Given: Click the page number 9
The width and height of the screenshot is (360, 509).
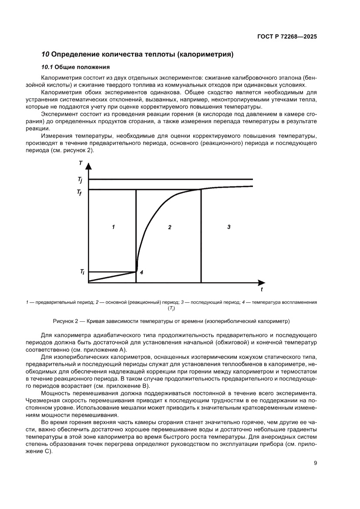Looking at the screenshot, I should [315, 463].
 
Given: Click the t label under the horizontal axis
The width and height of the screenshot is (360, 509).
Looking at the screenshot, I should [261, 289].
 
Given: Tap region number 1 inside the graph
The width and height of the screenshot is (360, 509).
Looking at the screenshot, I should [113, 227].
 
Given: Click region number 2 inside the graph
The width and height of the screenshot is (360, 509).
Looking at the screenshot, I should [170, 227].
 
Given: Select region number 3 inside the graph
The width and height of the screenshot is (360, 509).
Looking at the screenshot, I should [229, 227].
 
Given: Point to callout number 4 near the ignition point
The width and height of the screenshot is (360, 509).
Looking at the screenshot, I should [141, 272].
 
